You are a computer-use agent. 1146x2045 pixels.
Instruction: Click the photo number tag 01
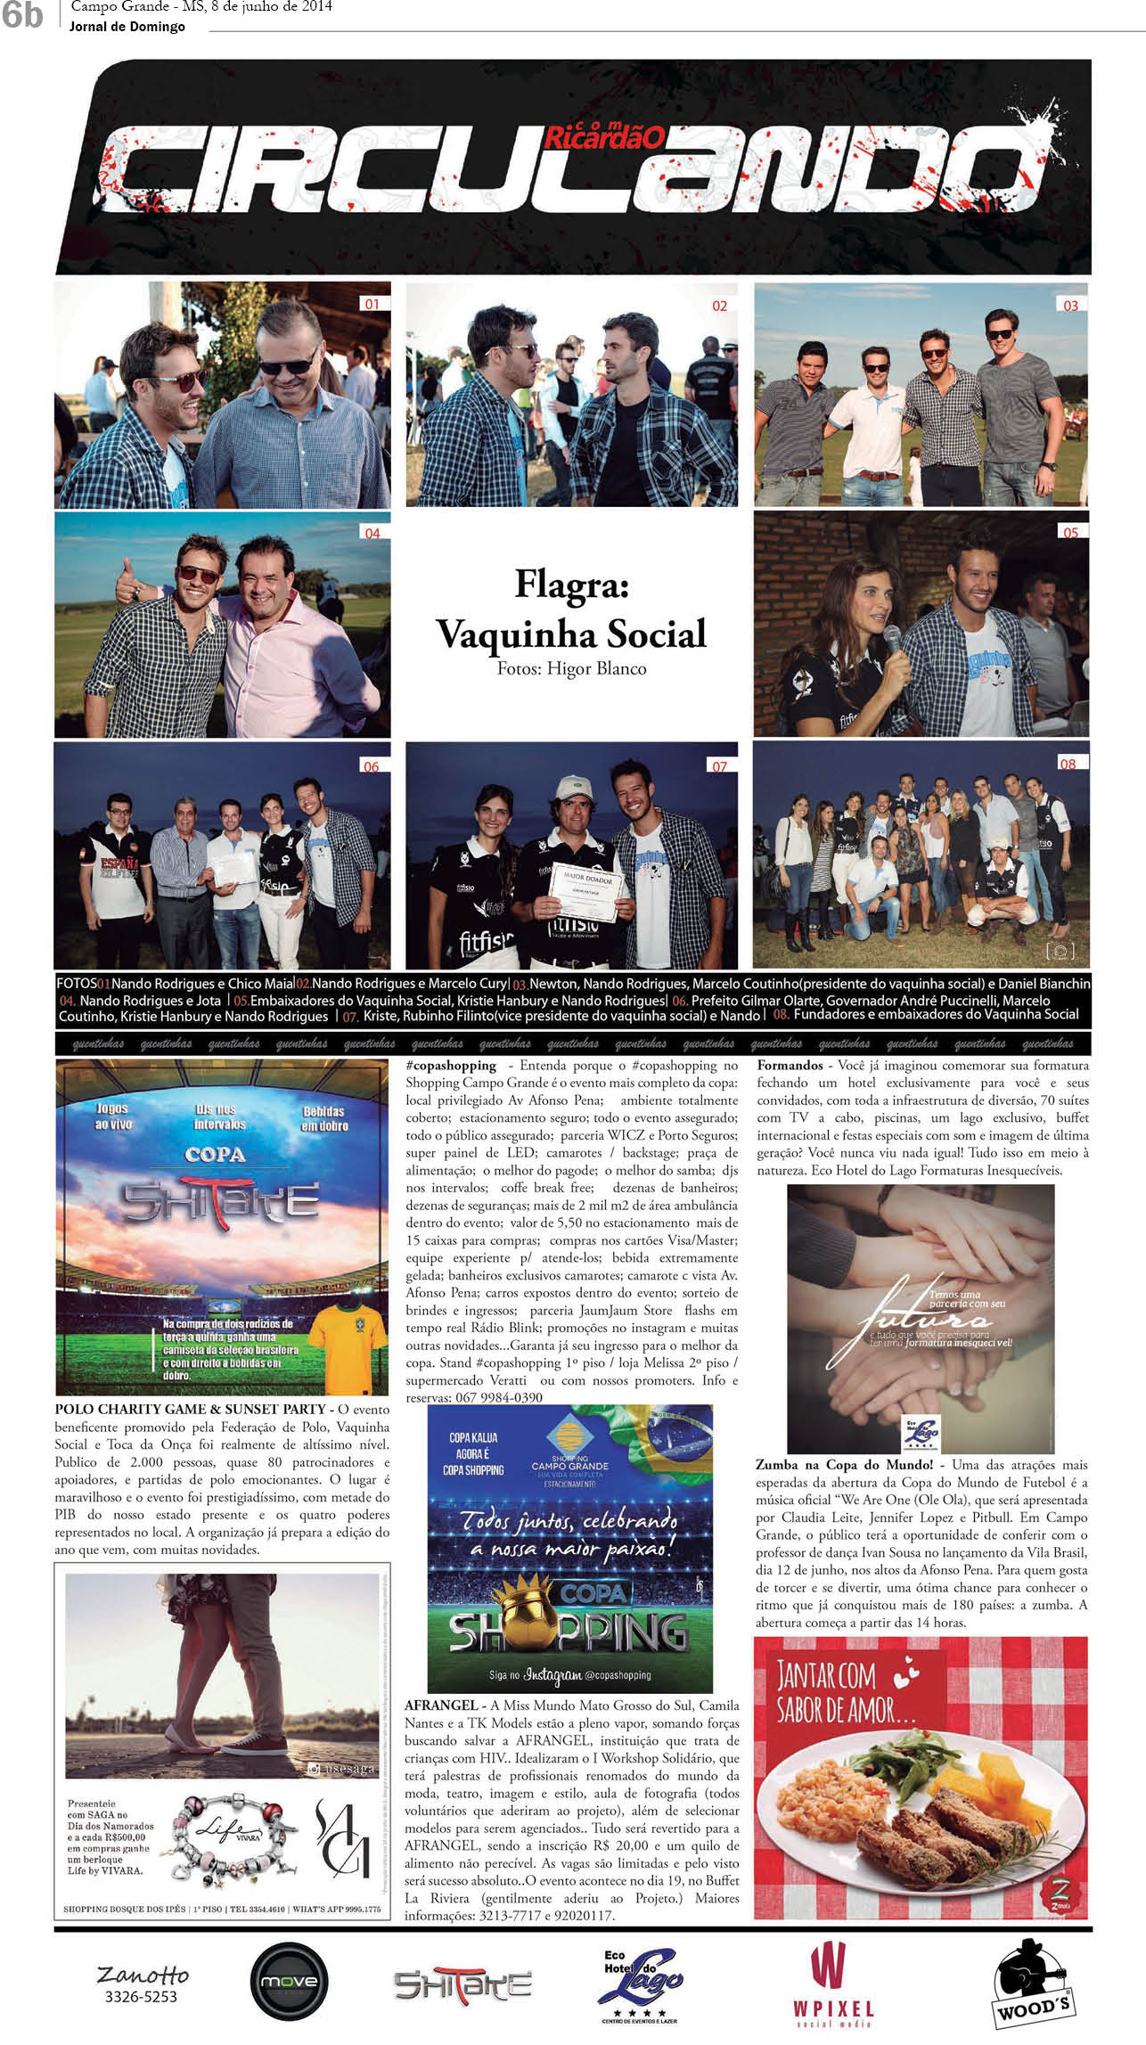pos(372,304)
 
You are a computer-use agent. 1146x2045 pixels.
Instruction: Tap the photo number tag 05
pos(1070,532)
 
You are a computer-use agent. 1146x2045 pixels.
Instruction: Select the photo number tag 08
pos(1068,764)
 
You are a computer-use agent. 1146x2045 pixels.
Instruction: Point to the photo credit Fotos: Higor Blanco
pos(571,668)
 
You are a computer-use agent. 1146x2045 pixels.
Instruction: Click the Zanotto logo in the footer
pos(143,1984)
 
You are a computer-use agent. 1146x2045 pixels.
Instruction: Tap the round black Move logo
pos(289,1981)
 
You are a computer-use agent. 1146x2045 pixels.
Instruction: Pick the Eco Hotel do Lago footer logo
pos(640,1981)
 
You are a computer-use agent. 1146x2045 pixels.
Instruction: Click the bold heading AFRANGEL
pos(441,1705)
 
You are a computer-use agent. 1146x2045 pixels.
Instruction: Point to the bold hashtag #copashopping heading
pos(451,1065)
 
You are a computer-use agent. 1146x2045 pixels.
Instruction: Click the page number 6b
pos(22,16)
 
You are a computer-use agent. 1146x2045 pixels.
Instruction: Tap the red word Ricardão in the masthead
pos(603,136)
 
